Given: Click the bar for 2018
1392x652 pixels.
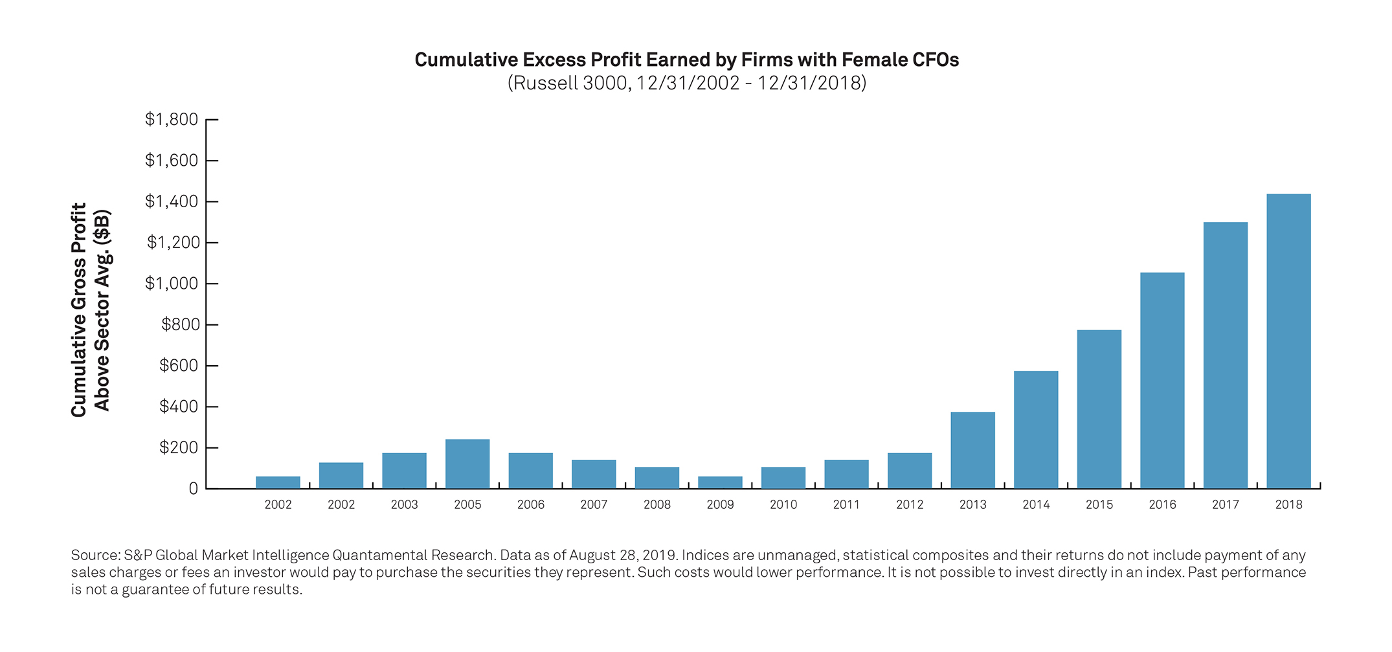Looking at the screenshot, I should pyautogui.click(x=1288, y=341).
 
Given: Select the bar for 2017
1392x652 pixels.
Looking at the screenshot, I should pyautogui.click(x=1225, y=355).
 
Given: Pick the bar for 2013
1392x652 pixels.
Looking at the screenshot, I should pyautogui.click(x=972, y=450).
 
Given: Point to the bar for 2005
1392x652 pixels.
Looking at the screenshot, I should pyautogui.click(x=467, y=464).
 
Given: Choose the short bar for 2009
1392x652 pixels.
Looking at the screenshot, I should pyautogui.click(x=720, y=482).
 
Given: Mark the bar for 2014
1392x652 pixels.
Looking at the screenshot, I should pyautogui.click(x=1036, y=430).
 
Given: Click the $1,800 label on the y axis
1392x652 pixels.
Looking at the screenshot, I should pyautogui.click(x=172, y=119).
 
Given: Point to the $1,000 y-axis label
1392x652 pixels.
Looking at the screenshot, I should pyautogui.click(x=172, y=284).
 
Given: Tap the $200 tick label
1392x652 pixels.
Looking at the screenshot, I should pyautogui.click(x=179, y=447).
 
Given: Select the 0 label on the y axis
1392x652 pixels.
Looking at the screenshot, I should pyautogui.click(x=193, y=489).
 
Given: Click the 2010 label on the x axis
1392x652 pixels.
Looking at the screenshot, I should pyautogui.click(x=783, y=505).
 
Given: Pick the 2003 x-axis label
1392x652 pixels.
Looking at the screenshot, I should pyautogui.click(x=404, y=505).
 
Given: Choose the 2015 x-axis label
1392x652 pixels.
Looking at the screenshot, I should pyautogui.click(x=1099, y=505).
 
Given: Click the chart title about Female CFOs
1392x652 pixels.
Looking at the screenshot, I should pyautogui.click(x=686, y=60).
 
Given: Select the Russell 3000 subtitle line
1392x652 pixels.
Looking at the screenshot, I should pyautogui.click(x=686, y=84).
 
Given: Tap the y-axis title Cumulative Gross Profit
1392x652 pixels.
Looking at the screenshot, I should pyautogui.click(x=79, y=309).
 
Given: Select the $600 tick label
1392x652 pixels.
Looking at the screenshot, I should pyautogui.click(x=179, y=366).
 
